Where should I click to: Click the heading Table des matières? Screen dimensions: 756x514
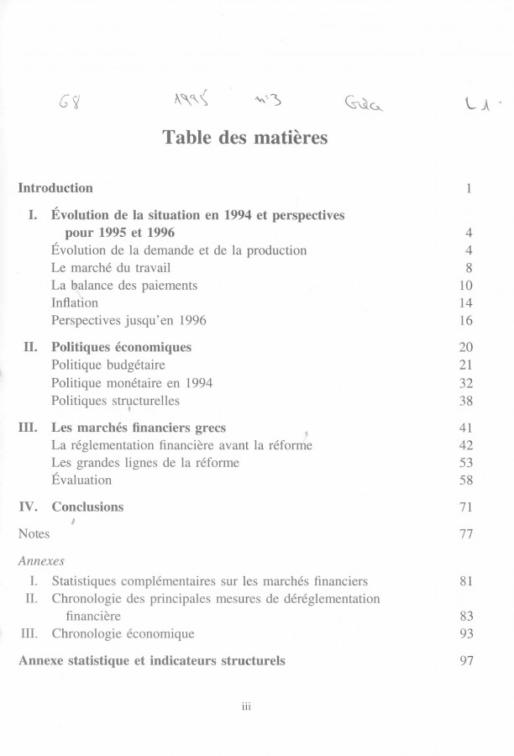pos(244,137)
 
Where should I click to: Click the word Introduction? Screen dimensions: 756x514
pos(55,187)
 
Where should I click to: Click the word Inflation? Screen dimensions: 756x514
pos(75,302)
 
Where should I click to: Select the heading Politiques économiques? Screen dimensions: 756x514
pos(121,347)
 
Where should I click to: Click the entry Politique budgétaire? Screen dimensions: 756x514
pos(108,365)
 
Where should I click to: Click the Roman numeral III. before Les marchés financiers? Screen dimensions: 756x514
pos(29,427)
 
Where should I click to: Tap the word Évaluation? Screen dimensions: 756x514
pos(81,480)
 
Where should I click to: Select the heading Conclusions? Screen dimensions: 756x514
pos(87,507)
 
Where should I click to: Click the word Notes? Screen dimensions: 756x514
pos(34,533)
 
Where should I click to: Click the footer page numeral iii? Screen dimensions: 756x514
pos(247,706)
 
